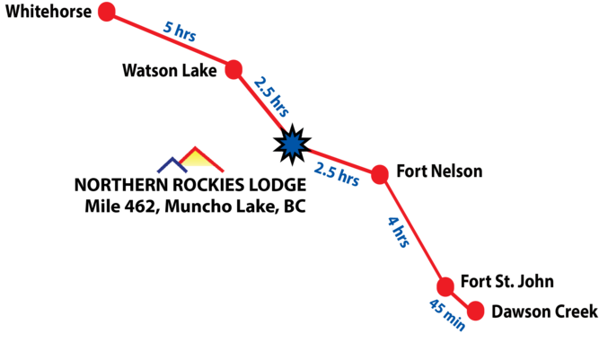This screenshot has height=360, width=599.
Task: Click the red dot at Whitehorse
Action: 107,13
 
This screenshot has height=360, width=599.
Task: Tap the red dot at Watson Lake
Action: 234,69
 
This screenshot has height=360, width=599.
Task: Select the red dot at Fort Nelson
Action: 380,173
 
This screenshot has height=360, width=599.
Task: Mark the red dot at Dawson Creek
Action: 475,311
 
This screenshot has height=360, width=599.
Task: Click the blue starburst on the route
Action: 292,144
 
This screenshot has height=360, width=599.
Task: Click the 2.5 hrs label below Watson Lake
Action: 272,98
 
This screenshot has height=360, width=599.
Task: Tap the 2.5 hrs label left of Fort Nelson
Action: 337,173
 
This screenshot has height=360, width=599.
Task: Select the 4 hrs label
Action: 399,232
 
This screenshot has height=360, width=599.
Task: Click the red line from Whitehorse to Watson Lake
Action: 171,40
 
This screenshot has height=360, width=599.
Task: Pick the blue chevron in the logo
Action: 168,164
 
